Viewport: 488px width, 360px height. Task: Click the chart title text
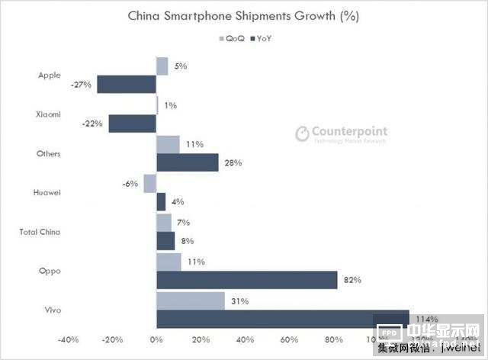[244, 15]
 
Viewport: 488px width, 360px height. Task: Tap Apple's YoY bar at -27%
[126, 85]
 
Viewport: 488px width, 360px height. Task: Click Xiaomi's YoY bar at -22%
[132, 124]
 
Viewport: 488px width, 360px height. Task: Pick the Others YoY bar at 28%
[187, 162]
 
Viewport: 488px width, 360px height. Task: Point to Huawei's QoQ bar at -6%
[149, 183]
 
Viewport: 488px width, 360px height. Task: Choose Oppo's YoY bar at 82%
[246, 280]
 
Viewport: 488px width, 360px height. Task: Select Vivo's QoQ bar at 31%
[190, 301]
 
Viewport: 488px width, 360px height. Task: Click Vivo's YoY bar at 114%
[282, 320]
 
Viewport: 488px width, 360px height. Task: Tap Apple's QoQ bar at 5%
[162, 66]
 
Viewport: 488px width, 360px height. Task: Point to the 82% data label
[352, 280]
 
